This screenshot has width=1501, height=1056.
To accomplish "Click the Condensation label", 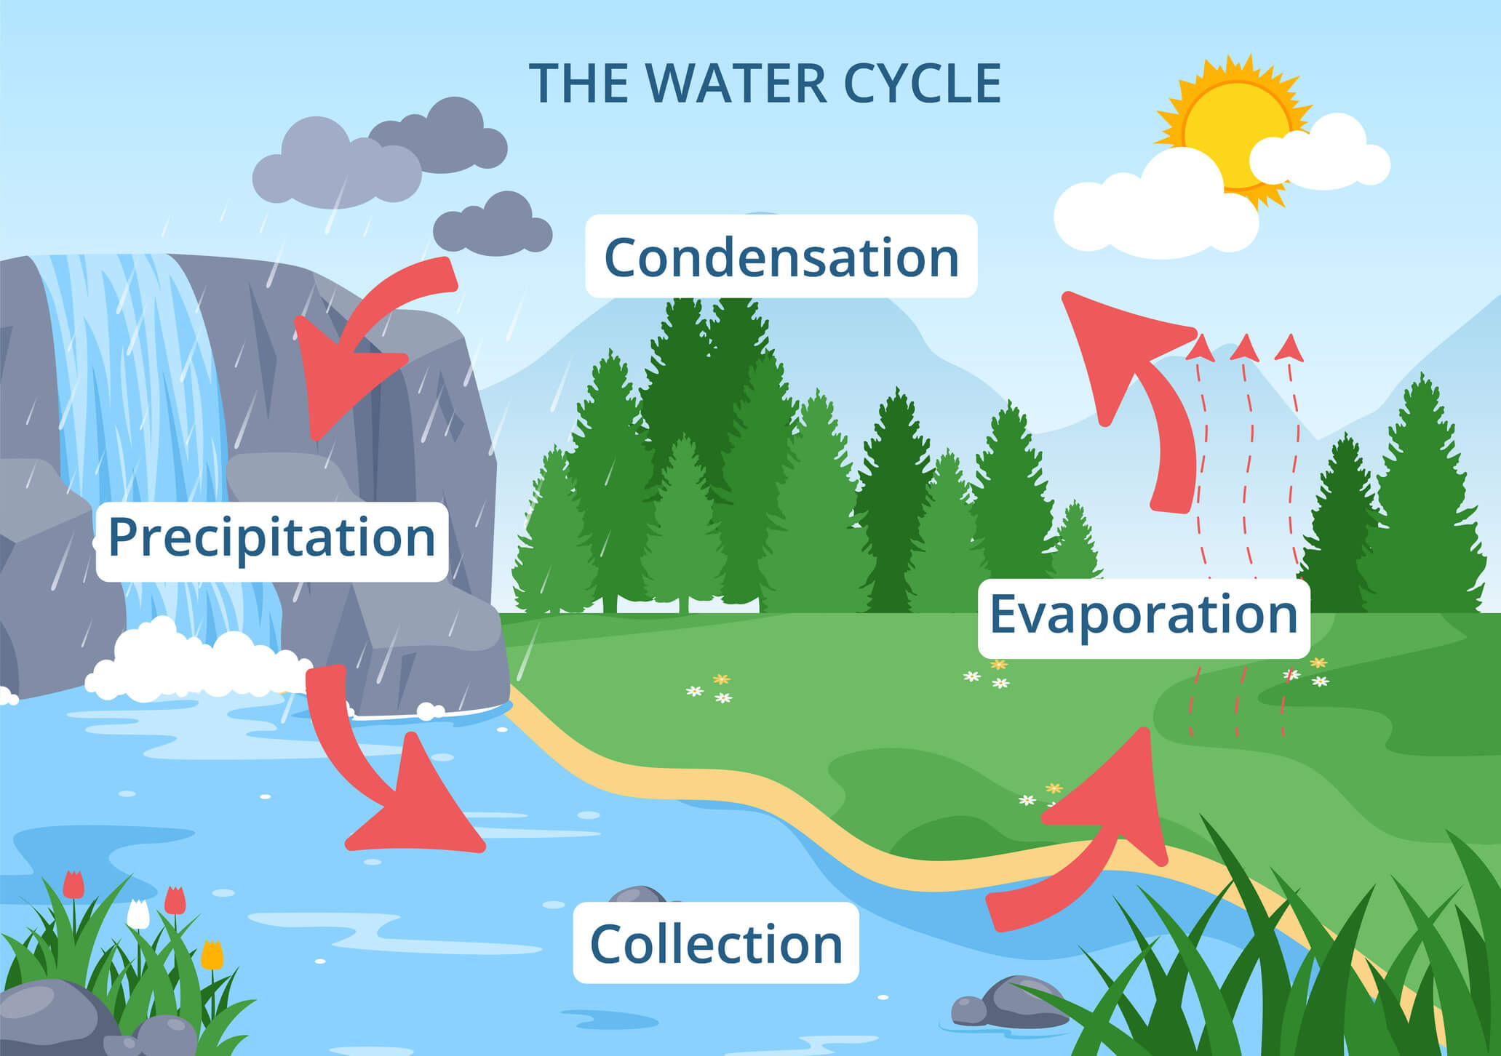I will [x=781, y=257].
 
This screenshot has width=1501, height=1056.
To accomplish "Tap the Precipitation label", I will [x=271, y=539].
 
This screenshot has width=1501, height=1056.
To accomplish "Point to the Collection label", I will [x=716, y=943].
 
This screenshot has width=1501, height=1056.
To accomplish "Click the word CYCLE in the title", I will [x=922, y=84].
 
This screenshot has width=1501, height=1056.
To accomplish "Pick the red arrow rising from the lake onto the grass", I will [x=1091, y=836].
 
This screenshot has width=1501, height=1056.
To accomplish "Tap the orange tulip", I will [x=212, y=954].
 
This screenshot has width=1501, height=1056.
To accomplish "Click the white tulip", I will [x=138, y=914].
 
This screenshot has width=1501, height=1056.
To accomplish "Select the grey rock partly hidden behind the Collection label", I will [x=637, y=895].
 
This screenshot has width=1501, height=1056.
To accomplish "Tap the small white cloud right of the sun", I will [x=1321, y=156].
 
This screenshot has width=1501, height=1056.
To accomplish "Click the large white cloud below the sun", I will [x=1157, y=211].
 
